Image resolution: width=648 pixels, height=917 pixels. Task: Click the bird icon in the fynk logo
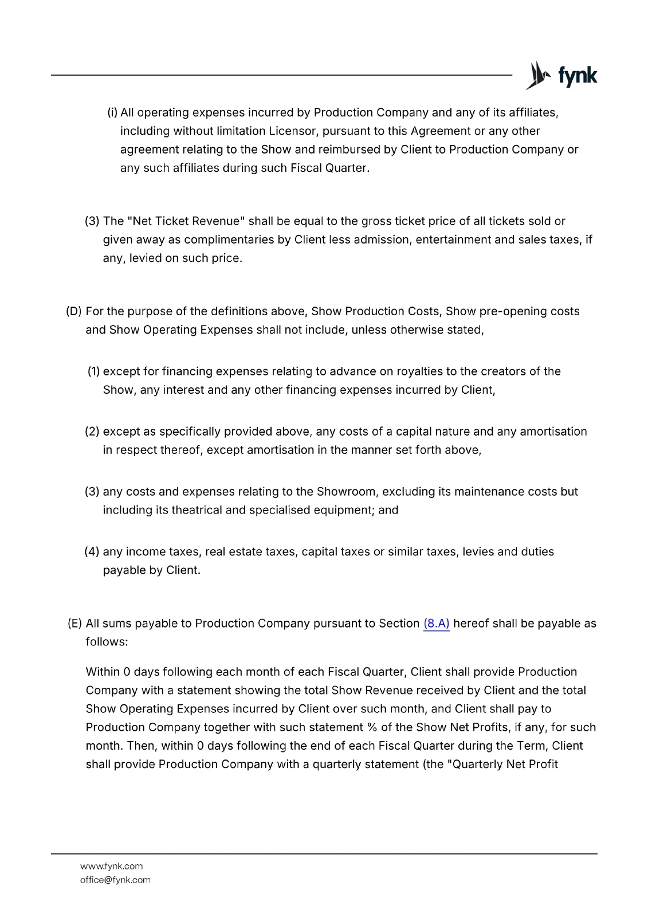(537, 76)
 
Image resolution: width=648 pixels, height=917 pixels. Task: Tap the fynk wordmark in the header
(578, 76)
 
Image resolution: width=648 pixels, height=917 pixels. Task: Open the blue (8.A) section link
(436, 624)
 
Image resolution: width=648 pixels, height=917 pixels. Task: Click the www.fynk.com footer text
(111, 866)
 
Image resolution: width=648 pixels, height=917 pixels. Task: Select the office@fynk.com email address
(115, 880)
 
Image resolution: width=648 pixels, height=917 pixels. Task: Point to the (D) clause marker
(74, 311)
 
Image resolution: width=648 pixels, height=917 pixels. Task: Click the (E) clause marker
(74, 624)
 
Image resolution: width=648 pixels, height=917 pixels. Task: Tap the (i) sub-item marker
(112, 112)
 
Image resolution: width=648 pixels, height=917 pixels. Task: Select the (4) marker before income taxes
(92, 551)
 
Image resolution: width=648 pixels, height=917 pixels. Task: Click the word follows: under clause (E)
(107, 642)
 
